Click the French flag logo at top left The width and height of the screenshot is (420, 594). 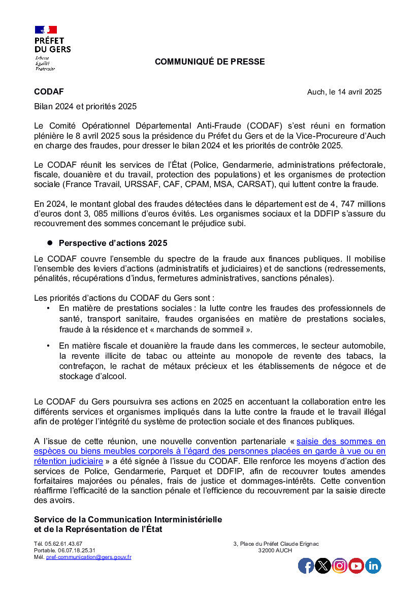46,29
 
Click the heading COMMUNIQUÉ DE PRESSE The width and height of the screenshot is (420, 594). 210,62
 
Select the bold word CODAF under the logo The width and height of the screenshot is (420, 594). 49,91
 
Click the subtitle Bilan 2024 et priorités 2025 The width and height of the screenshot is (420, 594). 85,107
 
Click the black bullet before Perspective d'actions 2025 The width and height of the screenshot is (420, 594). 50,243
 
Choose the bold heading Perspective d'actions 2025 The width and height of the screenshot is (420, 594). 113,243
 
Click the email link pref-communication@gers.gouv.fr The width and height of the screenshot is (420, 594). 88,557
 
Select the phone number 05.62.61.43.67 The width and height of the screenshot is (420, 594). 64,544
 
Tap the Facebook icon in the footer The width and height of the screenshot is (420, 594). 306,566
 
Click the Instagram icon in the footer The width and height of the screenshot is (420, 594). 339,566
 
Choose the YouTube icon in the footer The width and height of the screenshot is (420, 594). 356,566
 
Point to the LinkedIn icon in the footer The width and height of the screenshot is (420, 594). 373,566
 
